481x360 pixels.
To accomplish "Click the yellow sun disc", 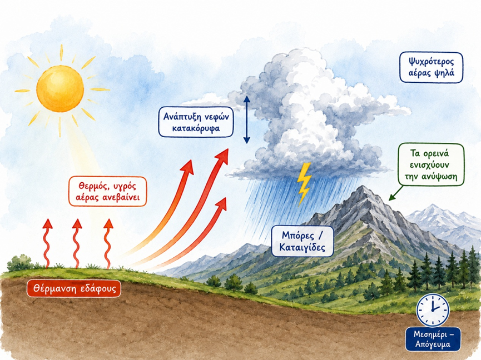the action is [60, 88].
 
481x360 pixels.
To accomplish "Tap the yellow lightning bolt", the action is [304, 184].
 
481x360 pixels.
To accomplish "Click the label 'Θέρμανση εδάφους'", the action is [74, 289].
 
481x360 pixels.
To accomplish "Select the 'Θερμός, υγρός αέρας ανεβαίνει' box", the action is [107, 191].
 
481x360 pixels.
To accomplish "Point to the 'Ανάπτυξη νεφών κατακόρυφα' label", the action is [196, 122].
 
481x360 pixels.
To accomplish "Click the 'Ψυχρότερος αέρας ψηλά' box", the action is [431, 67].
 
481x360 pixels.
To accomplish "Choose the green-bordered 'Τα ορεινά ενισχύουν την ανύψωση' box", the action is [431, 165].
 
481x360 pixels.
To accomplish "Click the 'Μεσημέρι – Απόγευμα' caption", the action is [433, 339].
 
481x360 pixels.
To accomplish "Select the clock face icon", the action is [433, 310].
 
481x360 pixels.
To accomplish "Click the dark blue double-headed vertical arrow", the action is [247, 119].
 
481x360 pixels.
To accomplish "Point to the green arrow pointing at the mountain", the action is [395, 193].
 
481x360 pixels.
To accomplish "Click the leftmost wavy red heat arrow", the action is [47, 243].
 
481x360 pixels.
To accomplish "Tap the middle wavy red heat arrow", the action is [77, 243].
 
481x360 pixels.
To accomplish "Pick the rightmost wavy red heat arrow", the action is [108, 244].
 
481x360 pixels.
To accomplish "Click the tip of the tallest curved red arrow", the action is [228, 149].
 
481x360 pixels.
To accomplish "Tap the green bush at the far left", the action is [20, 263].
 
